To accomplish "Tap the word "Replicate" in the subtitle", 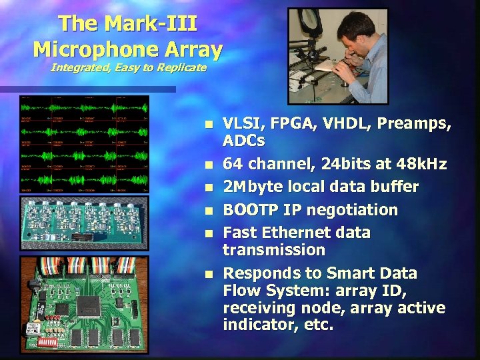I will point(179,68).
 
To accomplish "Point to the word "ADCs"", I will point(243,141).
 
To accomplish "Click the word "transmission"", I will point(273,250).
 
